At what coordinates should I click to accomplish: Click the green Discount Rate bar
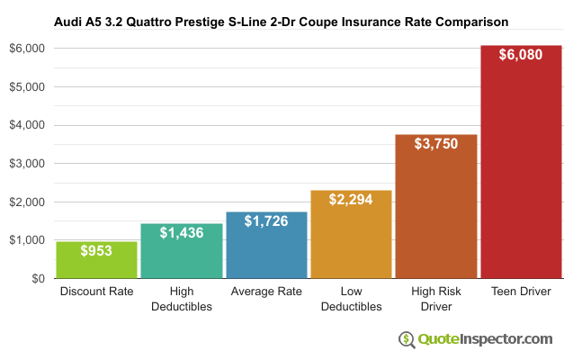96,261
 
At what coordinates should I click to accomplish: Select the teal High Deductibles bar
181,256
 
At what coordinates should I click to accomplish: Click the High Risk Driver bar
436,216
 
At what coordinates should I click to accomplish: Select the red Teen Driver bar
521,171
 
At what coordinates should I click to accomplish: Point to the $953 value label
96,251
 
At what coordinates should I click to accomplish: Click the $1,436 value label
181,232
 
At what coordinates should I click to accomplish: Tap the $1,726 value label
266,221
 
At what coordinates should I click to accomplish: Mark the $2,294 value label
351,199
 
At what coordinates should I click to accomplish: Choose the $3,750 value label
436,143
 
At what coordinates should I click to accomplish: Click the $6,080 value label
521,54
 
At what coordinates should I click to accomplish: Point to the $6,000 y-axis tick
26,49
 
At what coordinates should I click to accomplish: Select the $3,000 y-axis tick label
26,164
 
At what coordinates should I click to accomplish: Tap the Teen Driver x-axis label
521,292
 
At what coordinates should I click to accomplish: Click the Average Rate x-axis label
266,292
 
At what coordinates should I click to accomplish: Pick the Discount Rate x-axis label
96,292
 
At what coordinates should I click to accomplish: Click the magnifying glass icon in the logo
407,339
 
